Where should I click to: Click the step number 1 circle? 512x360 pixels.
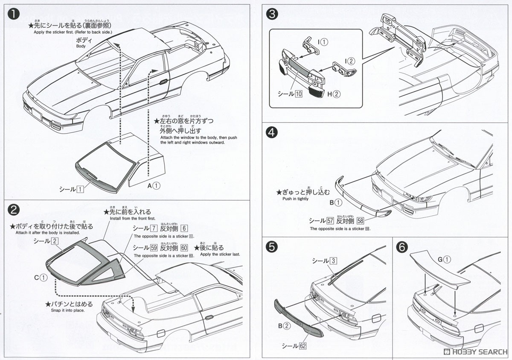pos(14,14)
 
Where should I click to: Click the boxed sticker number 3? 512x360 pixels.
pos(334,260)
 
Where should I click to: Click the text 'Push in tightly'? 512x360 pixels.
pos(295,199)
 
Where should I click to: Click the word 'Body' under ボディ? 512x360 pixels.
pos(81,46)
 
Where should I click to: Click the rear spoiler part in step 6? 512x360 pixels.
pos(439,271)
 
